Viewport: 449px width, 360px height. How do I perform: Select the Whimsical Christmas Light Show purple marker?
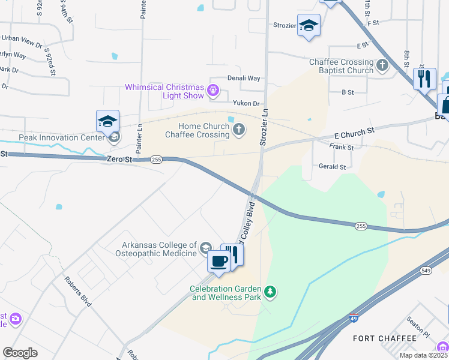tap(212, 91)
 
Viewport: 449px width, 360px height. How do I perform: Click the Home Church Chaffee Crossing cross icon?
tap(239, 130)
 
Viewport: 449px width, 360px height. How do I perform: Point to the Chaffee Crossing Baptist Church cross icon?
tap(383, 65)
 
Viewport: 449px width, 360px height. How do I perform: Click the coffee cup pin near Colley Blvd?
tap(218, 262)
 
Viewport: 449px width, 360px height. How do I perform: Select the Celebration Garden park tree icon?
tap(271, 292)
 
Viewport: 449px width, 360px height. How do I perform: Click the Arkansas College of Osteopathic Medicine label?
tap(159, 249)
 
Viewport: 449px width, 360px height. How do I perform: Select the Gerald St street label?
tap(332, 167)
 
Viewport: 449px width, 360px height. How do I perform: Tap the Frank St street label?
tap(341, 146)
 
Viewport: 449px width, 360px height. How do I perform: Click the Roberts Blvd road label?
tap(78, 292)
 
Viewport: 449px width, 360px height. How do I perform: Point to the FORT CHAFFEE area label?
tap(384, 338)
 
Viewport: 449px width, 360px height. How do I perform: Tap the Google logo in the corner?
tap(20, 353)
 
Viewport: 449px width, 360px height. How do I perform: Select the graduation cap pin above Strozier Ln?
tap(309, 26)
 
